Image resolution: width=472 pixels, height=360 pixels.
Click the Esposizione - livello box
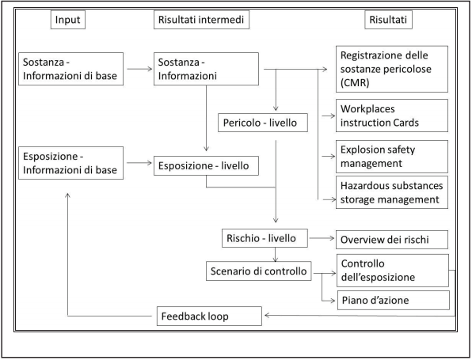tap(205, 167)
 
